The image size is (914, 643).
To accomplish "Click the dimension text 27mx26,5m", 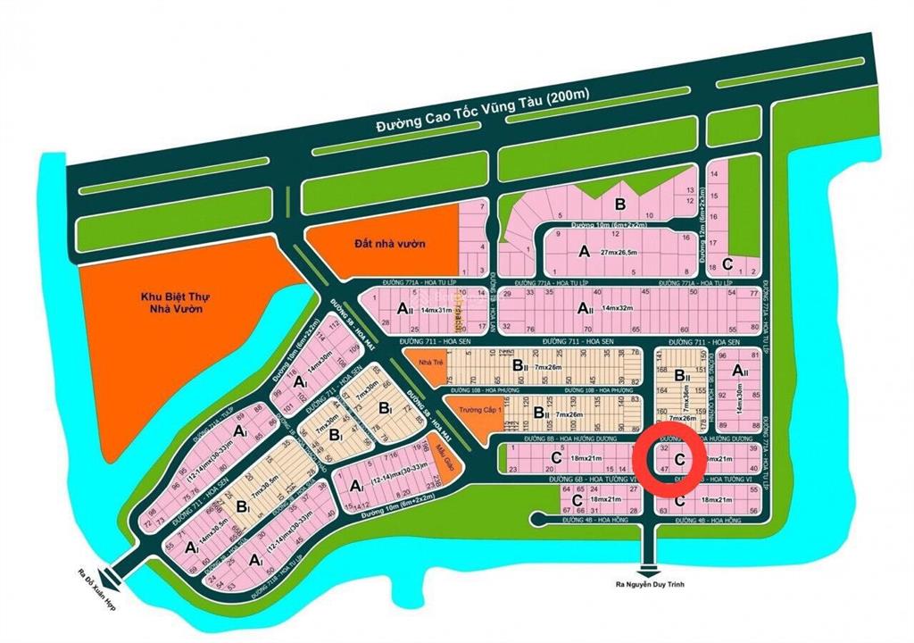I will (x=625, y=253).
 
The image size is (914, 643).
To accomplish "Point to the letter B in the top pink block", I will (x=619, y=202).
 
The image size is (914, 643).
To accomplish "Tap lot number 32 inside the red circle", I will (x=661, y=449).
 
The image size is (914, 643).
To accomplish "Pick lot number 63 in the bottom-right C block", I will (x=663, y=510).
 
